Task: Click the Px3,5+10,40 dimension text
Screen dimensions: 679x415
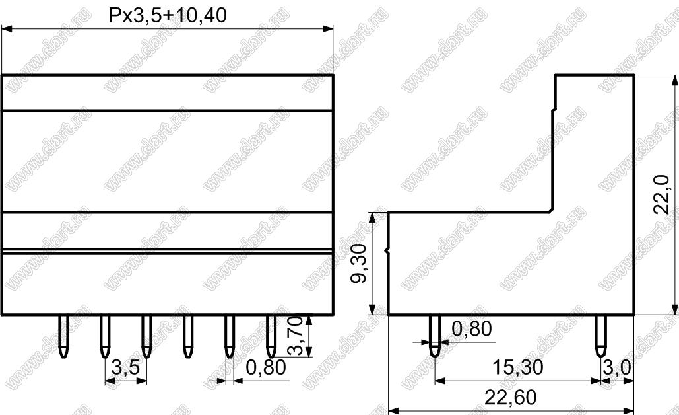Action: (x=168, y=16)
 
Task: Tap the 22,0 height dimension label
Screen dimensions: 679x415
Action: (x=661, y=194)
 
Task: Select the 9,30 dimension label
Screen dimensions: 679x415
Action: (x=358, y=263)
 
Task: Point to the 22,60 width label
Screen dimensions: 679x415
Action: (x=511, y=397)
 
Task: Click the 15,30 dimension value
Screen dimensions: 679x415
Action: (x=517, y=367)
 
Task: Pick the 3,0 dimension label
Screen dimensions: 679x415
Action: (x=616, y=367)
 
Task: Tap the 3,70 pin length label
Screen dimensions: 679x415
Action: (x=295, y=336)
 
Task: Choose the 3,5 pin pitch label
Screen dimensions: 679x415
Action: (x=125, y=367)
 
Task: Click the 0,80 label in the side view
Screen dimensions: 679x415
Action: (x=472, y=328)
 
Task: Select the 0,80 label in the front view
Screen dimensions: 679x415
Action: (x=266, y=367)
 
